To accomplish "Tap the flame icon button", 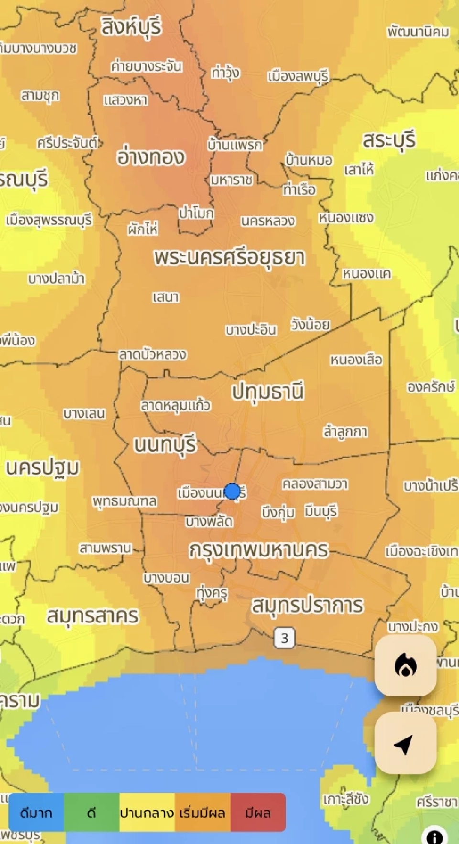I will click(405, 665).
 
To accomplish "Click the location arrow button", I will click(405, 743).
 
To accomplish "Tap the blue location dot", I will click(232, 491).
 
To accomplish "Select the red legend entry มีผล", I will click(258, 812).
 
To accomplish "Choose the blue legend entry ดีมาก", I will click(36, 812).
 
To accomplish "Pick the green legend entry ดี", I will click(91, 812).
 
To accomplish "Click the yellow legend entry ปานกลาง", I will click(147, 812).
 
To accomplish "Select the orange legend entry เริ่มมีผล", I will click(203, 812).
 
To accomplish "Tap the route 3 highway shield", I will click(284, 638).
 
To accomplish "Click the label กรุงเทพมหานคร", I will click(259, 550).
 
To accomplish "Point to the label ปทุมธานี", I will click(268, 392).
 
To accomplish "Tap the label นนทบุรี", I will click(165, 445).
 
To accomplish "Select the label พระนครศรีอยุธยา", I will click(229, 258).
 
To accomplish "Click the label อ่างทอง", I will click(151, 157).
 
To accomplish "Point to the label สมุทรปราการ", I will click(307, 605).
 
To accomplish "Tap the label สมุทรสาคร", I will click(92, 616).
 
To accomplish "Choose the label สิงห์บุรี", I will click(131, 27).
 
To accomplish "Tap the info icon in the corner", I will click(434, 836).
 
